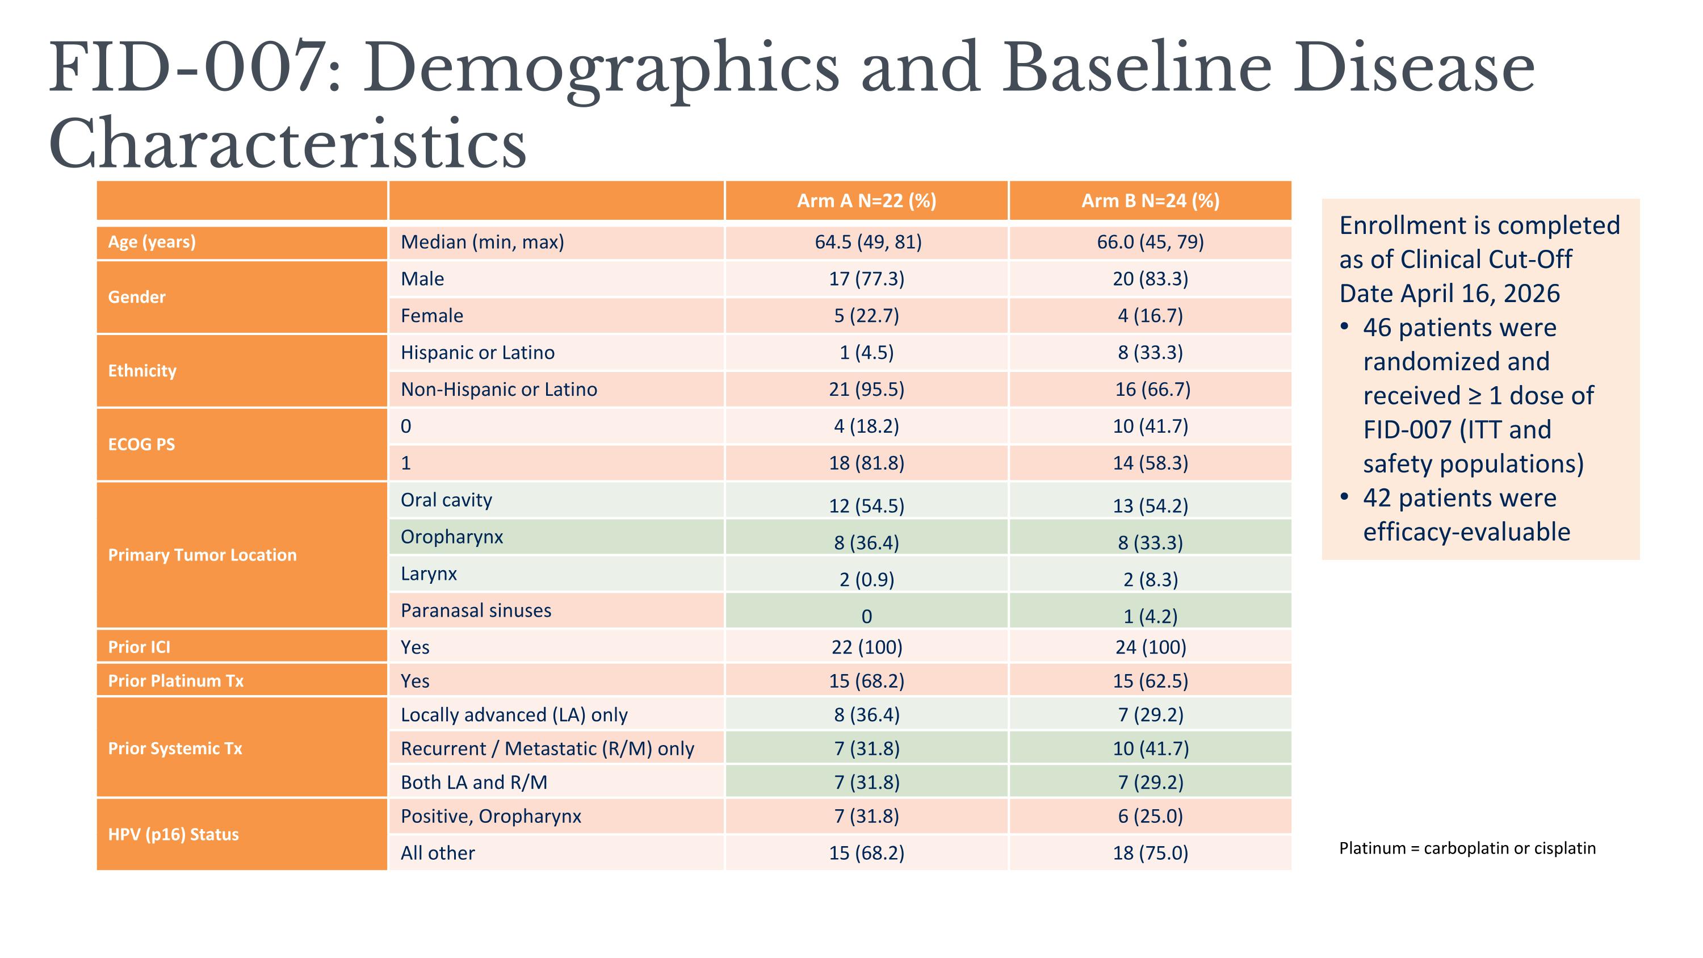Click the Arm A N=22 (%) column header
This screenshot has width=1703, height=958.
(866, 201)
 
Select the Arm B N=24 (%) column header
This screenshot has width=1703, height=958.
(1150, 201)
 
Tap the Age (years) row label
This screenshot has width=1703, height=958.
(152, 242)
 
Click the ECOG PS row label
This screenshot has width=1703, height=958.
(141, 444)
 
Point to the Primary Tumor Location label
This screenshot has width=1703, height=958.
(202, 555)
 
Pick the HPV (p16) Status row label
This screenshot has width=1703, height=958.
(173, 834)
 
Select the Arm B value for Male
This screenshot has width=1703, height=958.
(1150, 279)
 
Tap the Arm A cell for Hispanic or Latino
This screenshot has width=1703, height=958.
(866, 353)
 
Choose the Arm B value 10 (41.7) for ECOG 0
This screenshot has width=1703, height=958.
(1150, 426)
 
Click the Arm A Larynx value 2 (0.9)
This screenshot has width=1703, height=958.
(866, 580)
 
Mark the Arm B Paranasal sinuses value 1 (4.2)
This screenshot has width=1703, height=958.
(1150, 617)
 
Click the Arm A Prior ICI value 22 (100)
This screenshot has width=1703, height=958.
(866, 647)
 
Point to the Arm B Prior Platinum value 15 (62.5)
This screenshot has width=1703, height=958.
(1150, 681)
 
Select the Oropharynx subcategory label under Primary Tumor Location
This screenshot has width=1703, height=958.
(451, 537)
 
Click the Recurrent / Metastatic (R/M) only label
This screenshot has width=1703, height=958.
(547, 749)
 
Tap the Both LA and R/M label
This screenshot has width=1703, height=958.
(474, 783)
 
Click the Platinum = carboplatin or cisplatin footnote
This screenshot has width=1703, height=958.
(1467, 848)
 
